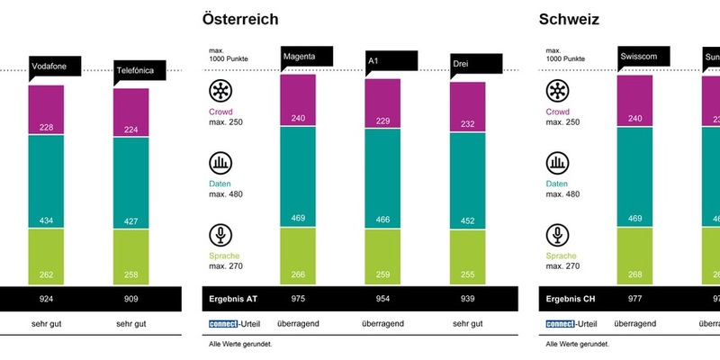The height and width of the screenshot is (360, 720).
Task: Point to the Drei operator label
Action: click(x=475, y=63)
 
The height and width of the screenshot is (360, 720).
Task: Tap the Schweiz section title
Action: click(x=569, y=19)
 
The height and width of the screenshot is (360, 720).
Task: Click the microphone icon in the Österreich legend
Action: click(x=220, y=236)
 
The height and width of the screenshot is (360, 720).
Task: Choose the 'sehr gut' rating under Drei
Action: click(x=467, y=323)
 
